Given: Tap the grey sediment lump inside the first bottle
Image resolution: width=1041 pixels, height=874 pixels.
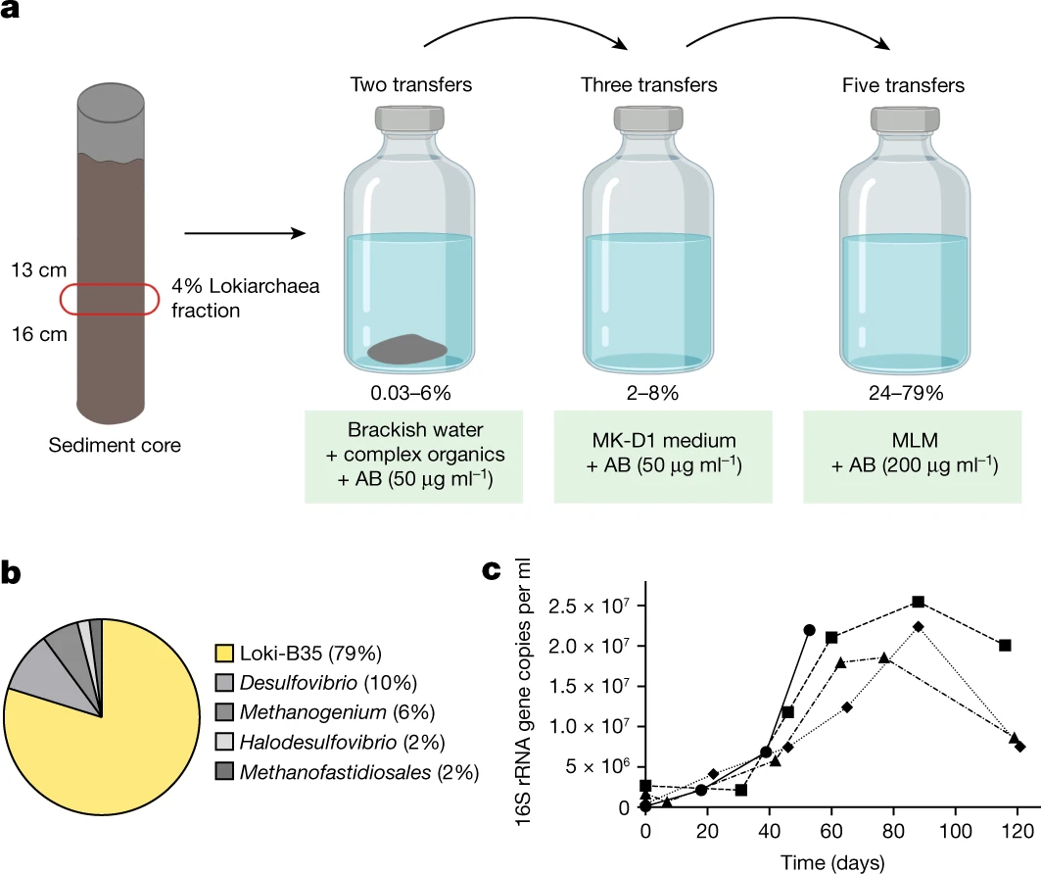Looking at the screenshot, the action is click(x=407, y=350).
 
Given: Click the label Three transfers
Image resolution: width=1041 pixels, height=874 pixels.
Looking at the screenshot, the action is click(x=648, y=85).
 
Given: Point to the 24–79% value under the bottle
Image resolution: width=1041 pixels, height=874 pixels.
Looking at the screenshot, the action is click(x=906, y=393).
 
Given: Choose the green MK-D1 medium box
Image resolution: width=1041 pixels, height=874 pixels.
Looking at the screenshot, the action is click(x=663, y=457).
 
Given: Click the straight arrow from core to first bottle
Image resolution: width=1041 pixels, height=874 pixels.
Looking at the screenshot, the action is click(x=245, y=233).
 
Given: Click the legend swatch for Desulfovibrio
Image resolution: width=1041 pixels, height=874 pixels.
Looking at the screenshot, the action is click(x=224, y=682).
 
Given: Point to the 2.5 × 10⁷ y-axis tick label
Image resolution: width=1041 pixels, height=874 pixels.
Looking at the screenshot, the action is click(x=589, y=607).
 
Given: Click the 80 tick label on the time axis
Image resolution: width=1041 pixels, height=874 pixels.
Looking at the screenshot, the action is click(x=893, y=831).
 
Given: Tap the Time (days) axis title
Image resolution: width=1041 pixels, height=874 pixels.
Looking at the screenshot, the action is click(x=832, y=862).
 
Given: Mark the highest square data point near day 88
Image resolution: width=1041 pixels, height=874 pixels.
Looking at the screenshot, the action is click(x=919, y=602).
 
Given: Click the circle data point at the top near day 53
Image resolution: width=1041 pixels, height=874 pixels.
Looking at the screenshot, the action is click(x=809, y=630).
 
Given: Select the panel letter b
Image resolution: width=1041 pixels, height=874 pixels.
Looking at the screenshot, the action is click(x=11, y=572).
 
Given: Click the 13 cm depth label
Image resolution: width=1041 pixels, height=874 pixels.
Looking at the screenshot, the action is click(x=39, y=270).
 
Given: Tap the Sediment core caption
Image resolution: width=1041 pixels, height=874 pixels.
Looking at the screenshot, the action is click(x=115, y=445).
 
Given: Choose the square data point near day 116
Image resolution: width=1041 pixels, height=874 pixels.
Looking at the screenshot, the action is click(x=1005, y=645).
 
